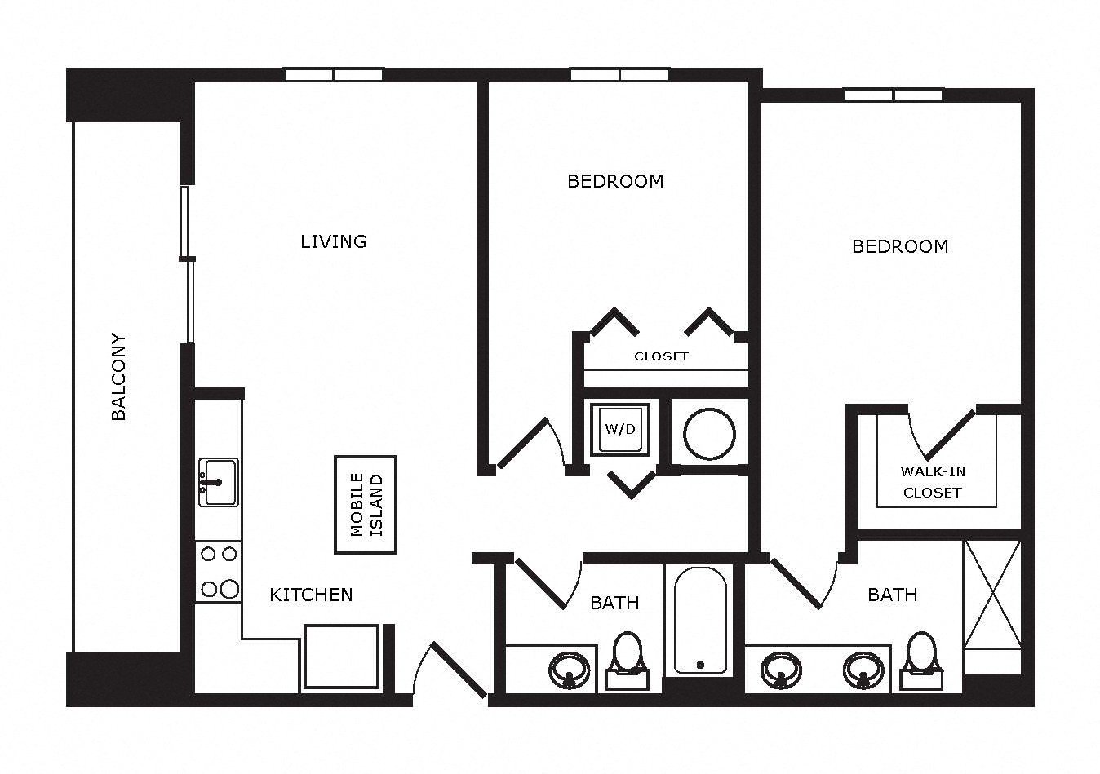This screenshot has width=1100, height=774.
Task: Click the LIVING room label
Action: [x=334, y=241]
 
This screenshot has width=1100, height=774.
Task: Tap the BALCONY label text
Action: [x=118, y=377]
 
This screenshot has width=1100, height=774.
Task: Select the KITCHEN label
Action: [x=312, y=595]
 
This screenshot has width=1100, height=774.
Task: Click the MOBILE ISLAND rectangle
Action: [x=366, y=505]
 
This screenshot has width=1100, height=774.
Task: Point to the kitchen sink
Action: [x=219, y=482]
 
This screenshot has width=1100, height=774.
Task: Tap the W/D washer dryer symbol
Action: [x=620, y=430]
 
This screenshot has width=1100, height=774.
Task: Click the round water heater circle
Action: [x=709, y=434]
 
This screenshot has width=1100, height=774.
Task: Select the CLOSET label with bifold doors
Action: [x=661, y=356]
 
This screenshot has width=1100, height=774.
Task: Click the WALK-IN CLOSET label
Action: [x=933, y=482]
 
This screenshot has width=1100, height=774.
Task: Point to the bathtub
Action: [x=700, y=621]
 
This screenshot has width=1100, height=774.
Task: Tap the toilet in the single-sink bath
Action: [x=628, y=661]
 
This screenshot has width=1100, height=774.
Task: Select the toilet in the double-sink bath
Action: [x=922, y=661]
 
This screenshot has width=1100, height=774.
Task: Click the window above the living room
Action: [x=334, y=74]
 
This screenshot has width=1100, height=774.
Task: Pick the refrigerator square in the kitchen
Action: [x=341, y=657]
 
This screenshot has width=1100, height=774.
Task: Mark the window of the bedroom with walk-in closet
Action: [x=894, y=95]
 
